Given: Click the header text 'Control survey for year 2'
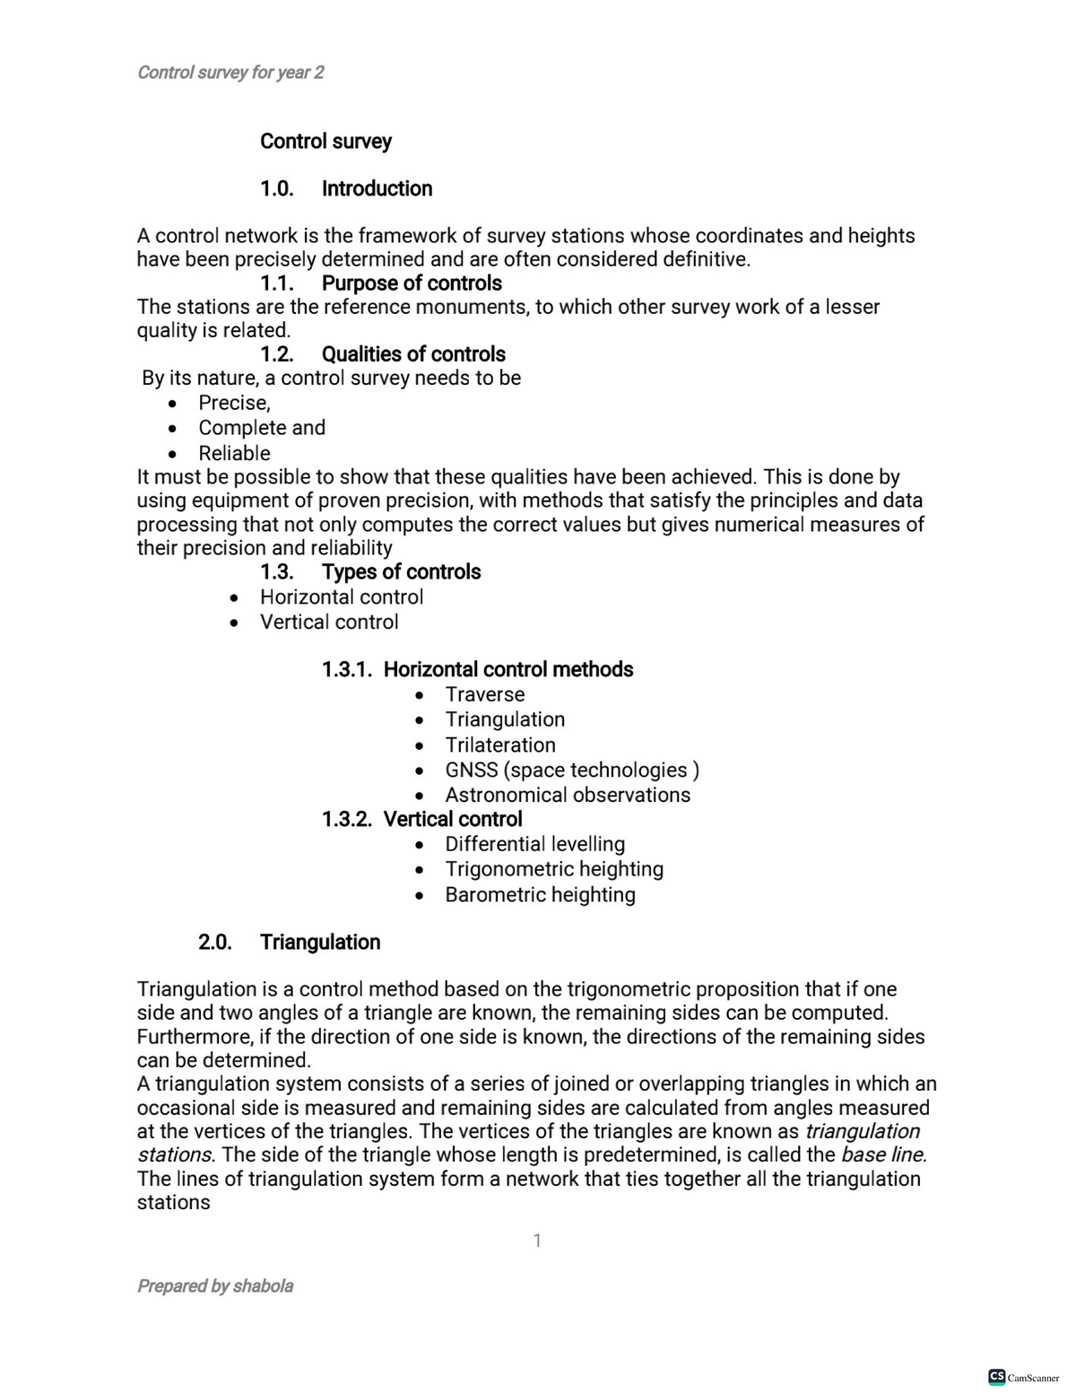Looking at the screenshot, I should (230, 73).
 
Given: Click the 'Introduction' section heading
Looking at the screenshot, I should (377, 188).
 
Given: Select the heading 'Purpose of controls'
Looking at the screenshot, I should (412, 283).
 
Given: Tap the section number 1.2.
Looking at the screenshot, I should (276, 354).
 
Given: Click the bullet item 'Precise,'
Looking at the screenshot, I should (234, 403).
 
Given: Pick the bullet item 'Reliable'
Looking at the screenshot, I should (234, 453).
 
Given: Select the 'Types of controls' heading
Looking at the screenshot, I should (401, 572).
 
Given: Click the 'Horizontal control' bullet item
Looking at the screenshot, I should (342, 597).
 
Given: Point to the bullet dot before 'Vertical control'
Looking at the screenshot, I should (234, 622).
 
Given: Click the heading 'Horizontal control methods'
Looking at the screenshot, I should (508, 670).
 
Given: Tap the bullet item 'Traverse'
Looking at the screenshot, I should (485, 694).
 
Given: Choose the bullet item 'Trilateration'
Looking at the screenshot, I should (500, 745).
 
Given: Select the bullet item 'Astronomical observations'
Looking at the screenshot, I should (568, 795).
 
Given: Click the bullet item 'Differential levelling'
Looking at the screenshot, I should (535, 844).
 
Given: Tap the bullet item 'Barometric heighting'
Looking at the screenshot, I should (540, 895).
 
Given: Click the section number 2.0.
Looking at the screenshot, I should (214, 942).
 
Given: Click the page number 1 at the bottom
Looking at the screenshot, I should (537, 1241).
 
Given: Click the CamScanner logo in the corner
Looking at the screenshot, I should (1023, 1377).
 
